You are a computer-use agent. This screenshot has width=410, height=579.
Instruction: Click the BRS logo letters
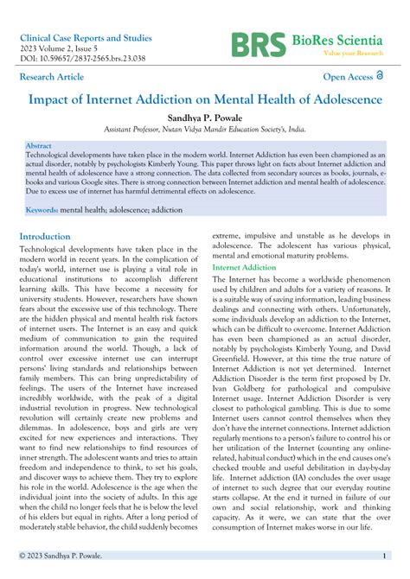[x=258, y=45]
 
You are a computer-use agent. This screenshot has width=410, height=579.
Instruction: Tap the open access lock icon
[x=382, y=77]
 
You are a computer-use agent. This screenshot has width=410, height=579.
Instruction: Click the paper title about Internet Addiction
[x=205, y=99]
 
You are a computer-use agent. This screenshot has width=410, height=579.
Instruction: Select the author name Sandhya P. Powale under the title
[x=205, y=117]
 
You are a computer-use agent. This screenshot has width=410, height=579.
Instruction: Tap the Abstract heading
[x=39, y=146]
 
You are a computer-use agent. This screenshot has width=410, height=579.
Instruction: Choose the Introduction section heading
[x=45, y=236]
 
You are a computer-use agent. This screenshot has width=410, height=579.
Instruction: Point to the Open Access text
[x=348, y=77]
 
